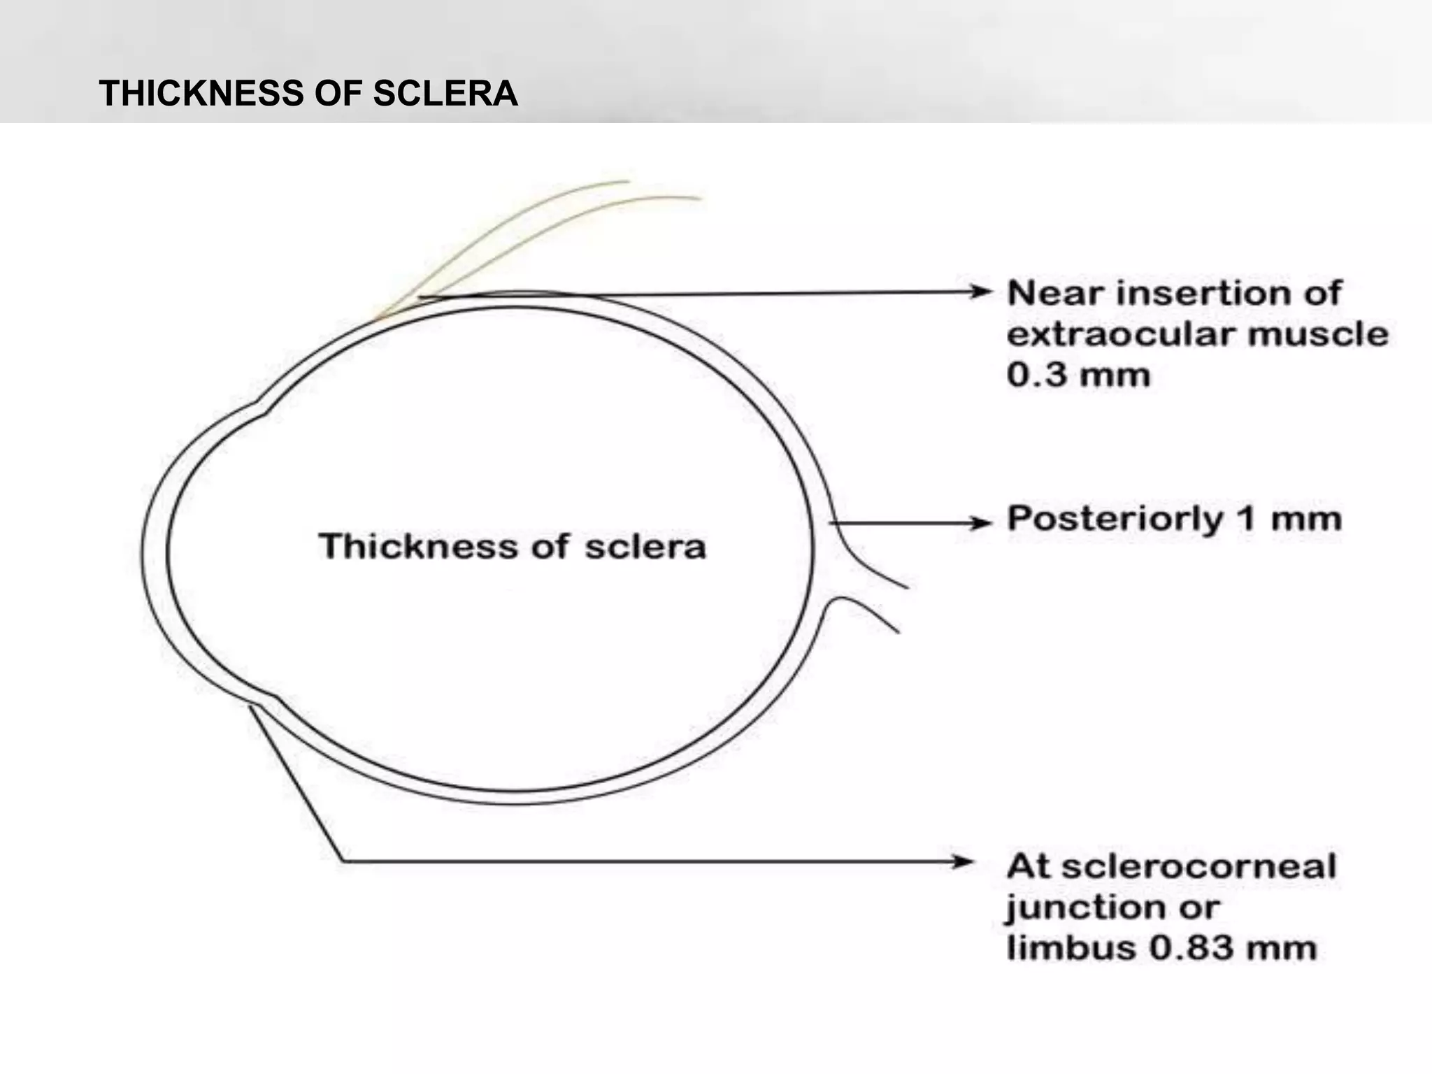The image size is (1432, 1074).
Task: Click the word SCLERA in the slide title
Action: point(445,93)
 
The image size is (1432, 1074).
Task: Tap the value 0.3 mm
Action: point(1078,375)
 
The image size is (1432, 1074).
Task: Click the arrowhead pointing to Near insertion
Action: point(982,292)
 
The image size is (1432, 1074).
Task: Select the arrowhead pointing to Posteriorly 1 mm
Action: point(982,522)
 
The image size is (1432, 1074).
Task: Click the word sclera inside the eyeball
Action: point(645,547)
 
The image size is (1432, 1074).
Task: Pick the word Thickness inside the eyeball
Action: point(417,545)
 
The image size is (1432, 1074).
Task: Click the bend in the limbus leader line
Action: point(343,861)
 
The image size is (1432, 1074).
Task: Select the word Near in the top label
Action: point(1052,293)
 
